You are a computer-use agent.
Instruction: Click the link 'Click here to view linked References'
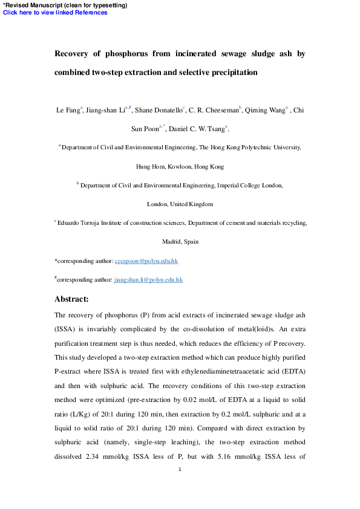click(x=55, y=12)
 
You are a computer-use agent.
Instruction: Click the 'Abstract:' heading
click(x=71, y=299)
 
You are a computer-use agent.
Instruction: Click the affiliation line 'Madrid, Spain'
click(x=180, y=242)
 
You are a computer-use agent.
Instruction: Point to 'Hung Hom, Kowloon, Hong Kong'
click(x=180, y=166)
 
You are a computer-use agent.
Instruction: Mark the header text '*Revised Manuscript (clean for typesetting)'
click(x=65, y=5)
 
